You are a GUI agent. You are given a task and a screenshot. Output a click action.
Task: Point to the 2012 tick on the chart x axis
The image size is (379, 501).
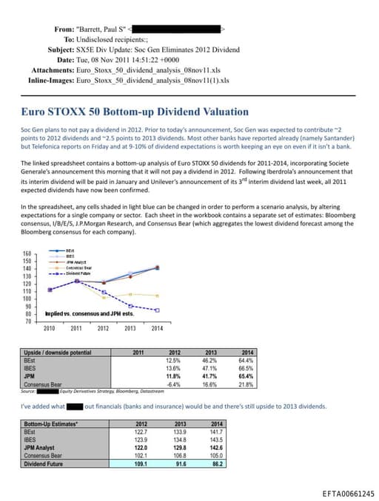point(103,328)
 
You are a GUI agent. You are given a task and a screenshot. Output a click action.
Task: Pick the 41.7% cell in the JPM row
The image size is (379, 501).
point(210,375)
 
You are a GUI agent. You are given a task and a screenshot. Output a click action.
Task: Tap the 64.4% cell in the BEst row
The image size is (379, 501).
point(247,360)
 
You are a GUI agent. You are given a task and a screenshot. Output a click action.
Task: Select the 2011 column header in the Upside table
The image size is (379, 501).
point(138,352)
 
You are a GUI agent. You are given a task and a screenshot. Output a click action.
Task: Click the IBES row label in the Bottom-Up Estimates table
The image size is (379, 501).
point(31,439)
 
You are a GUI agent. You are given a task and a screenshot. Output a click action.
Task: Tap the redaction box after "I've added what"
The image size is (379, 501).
point(75,406)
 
